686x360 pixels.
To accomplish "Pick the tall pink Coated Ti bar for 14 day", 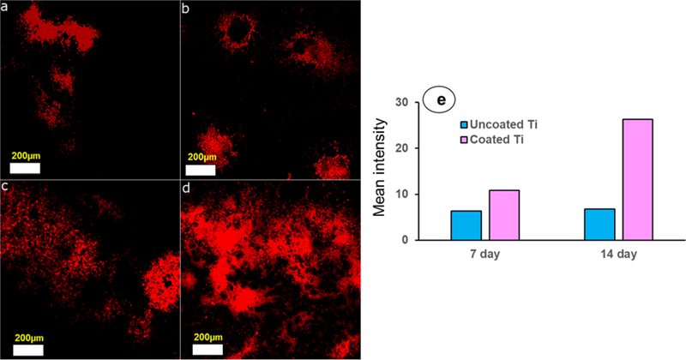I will tap(637, 179).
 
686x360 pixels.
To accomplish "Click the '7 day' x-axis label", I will tap(483, 256).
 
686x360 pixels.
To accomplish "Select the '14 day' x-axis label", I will tap(618, 256).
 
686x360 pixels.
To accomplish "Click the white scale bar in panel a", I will tap(27, 169).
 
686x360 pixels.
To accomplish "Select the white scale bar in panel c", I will tap(27, 349).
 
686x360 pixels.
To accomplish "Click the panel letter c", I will tap(5, 188).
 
